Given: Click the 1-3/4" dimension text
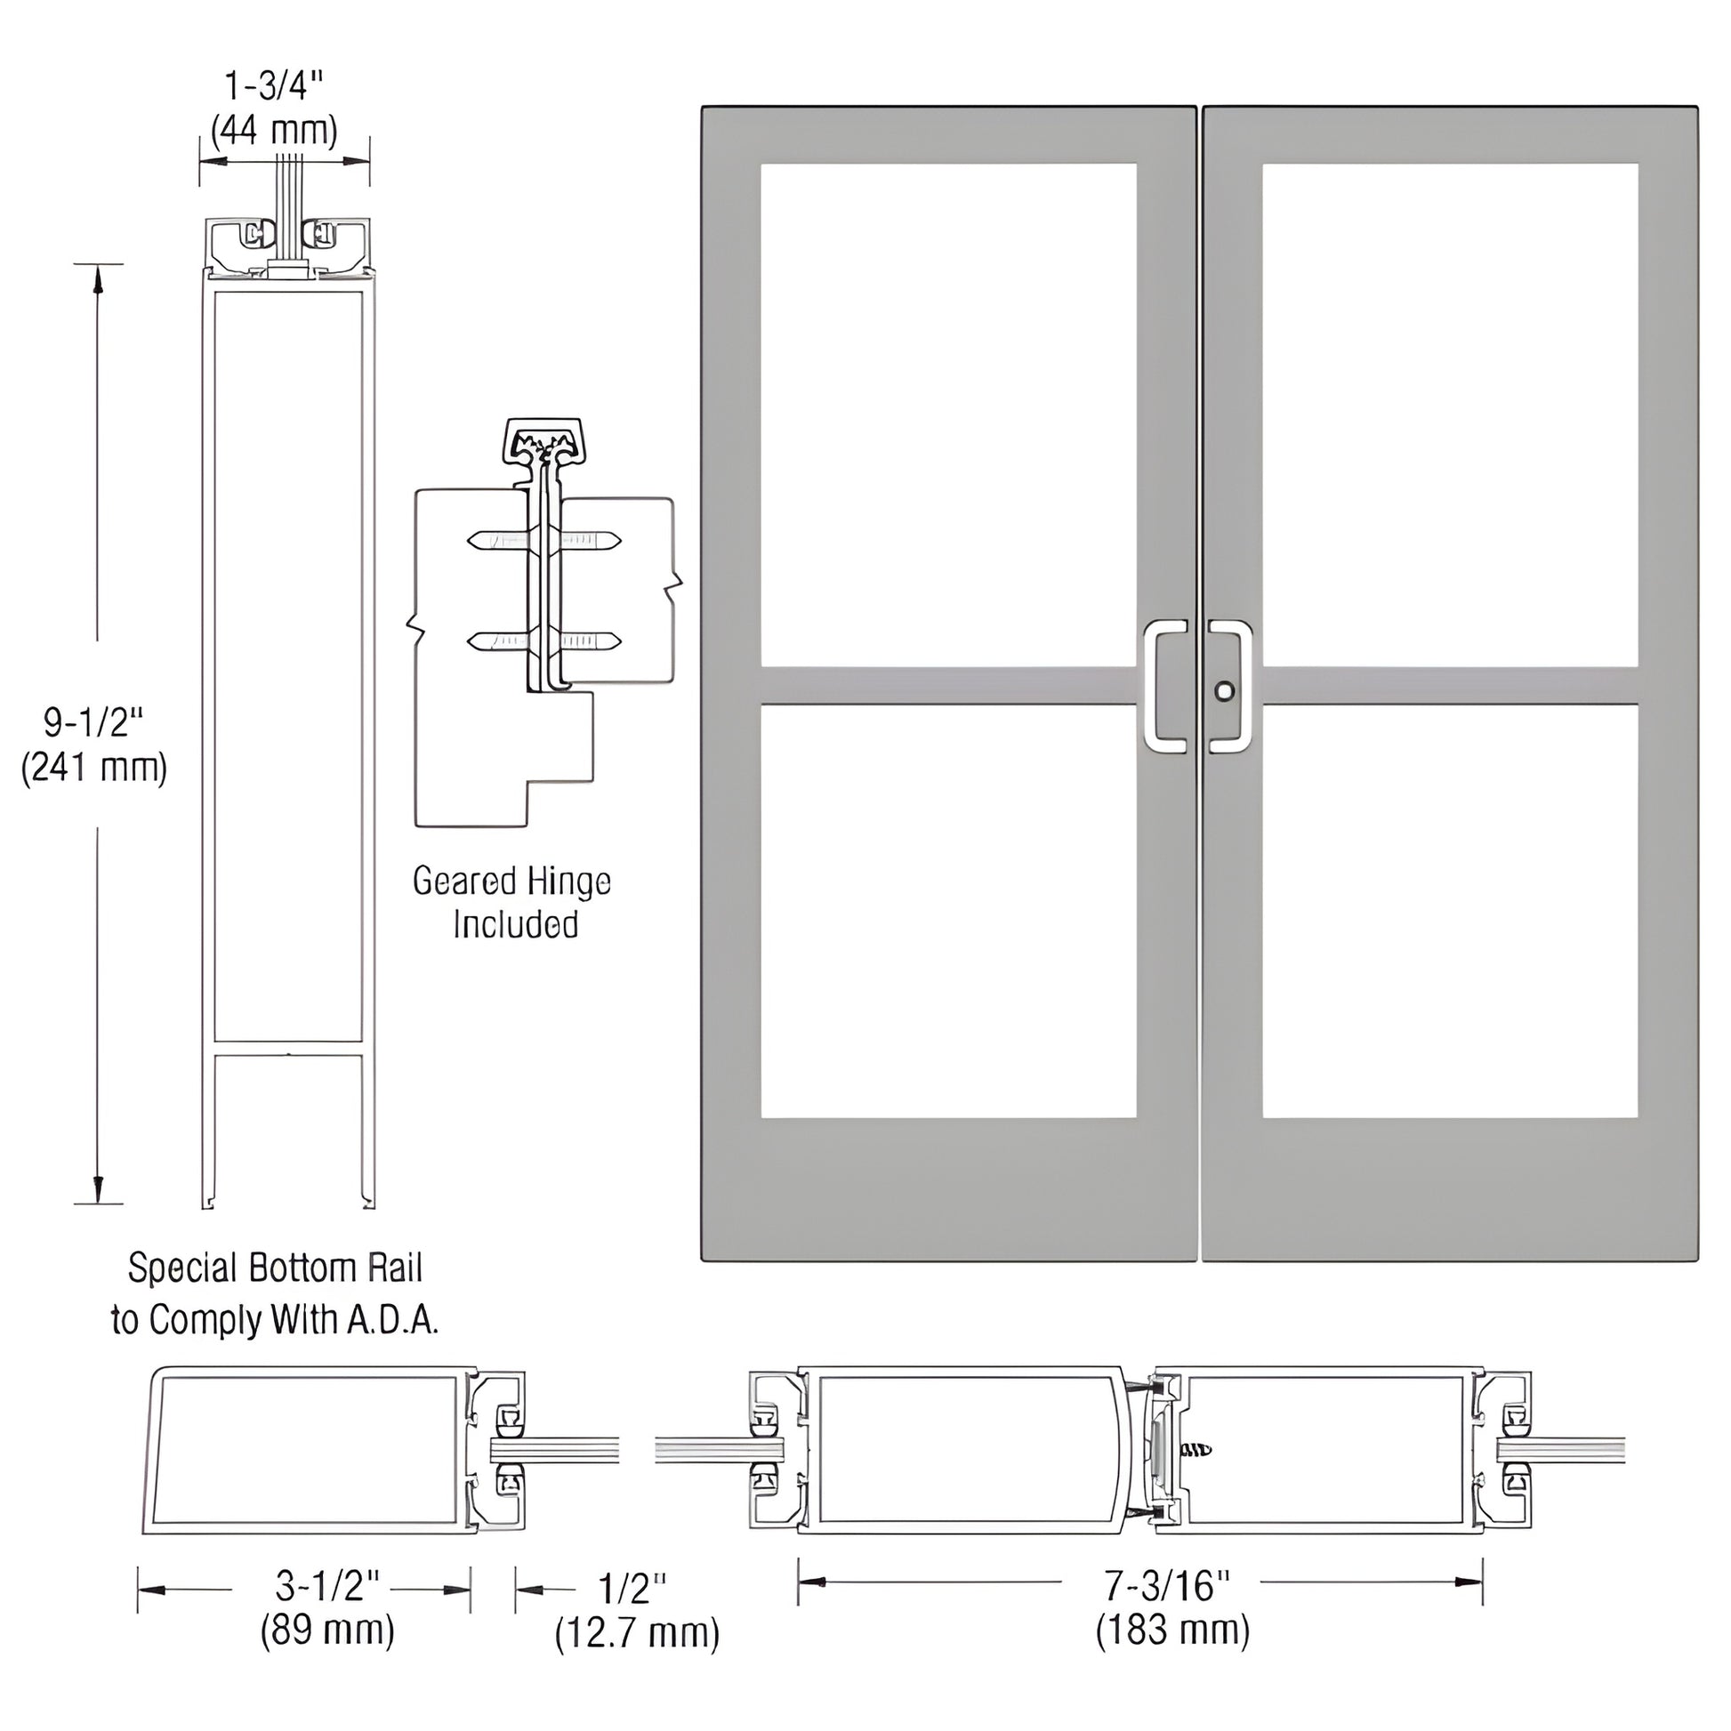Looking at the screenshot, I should pyautogui.click(x=272, y=88).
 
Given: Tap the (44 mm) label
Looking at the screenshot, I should pyautogui.click(x=274, y=132).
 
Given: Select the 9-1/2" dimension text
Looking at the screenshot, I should pyautogui.click(x=93, y=721).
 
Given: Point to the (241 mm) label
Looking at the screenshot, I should pyautogui.click(x=94, y=768).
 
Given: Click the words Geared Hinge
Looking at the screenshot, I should pyautogui.click(x=511, y=882).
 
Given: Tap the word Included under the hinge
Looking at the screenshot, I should pyautogui.click(x=515, y=924).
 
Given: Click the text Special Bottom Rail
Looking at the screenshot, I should pyautogui.click(x=275, y=1268).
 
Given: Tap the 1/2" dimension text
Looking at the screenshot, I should pyautogui.click(x=632, y=1590).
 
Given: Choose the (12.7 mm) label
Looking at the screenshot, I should pyautogui.click(x=637, y=1634).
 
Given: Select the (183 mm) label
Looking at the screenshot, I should pyautogui.click(x=1172, y=1630).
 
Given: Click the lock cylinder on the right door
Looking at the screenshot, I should pyautogui.click(x=1224, y=691).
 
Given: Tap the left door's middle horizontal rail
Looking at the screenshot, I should pyautogui.click(x=948, y=687).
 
